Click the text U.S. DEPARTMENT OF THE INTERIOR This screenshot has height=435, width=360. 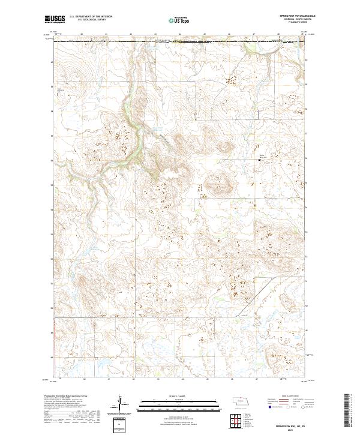[91, 16]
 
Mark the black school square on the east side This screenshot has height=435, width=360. [260, 159]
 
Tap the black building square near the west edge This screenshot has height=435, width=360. [58, 94]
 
